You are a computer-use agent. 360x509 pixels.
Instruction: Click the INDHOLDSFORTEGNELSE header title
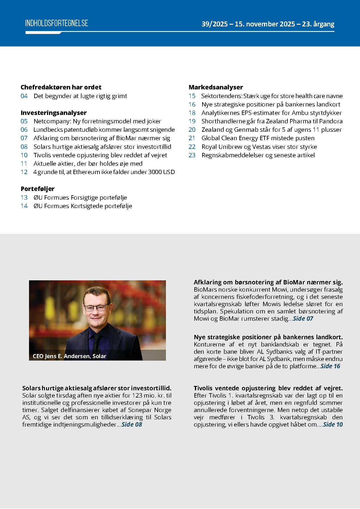(57, 23)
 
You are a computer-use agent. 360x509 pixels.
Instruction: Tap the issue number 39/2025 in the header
(214, 24)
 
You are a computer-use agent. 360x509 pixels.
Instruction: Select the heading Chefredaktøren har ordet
(61, 87)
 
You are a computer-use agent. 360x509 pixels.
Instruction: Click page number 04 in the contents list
(24, 96)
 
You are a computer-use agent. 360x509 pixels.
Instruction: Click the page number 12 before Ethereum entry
(24, 172)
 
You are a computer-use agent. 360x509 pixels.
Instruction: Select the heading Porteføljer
(38, 189)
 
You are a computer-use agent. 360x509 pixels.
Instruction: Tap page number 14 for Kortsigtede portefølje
(24, 206)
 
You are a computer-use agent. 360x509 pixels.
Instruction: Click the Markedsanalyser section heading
(216, 87)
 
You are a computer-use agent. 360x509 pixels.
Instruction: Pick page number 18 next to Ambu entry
(192, 113)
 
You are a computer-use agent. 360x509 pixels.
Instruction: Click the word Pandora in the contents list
(331, 121)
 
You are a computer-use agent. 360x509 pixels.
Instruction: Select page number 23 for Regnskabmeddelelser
(192, 155)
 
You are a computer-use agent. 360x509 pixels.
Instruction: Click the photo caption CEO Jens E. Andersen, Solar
(69, 356)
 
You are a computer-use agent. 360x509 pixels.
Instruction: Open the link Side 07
(303, 319)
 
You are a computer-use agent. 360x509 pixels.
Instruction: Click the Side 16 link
(330, 366)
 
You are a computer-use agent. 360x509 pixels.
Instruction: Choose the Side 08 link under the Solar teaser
(132, 425)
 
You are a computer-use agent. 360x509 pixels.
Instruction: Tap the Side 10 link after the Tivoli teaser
(333, 425)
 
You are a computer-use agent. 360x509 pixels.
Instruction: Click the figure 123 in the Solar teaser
(137, 396)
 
